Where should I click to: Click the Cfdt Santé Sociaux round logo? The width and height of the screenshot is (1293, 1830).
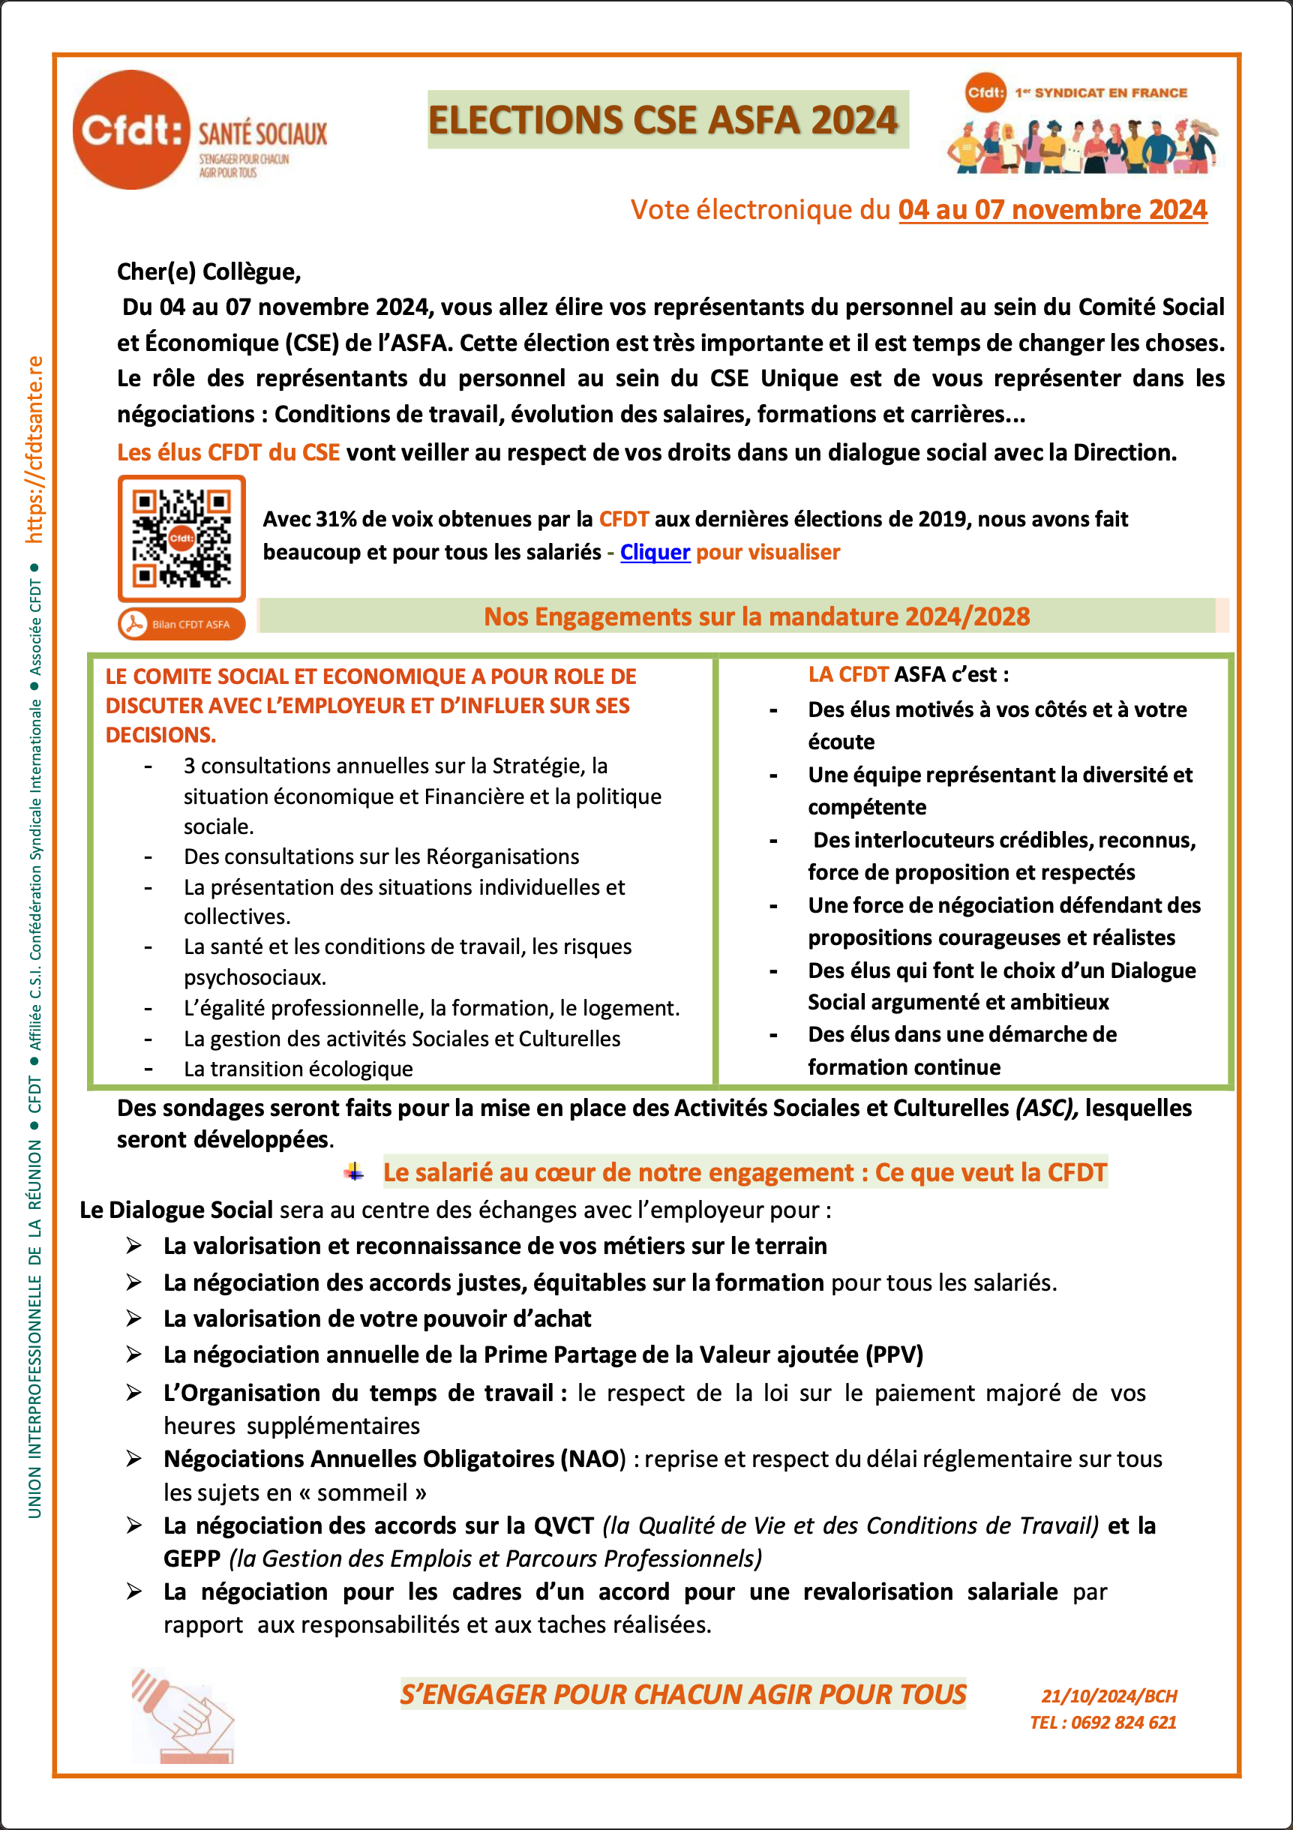click(131, 130)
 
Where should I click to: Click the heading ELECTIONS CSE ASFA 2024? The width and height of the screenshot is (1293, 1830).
click(663, 120)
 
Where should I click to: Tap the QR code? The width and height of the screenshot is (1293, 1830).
click(181, 538)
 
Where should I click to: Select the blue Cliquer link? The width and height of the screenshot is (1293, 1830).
click(655, 552)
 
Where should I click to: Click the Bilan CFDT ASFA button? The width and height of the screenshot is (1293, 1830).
click(181, 624)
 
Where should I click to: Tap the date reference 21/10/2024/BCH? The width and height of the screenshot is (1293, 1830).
click(1108, 1695)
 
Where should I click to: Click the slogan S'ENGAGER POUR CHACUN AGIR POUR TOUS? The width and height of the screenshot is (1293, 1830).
click(682, 1693)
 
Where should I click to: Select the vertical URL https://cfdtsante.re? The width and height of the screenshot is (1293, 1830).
click(34, 449)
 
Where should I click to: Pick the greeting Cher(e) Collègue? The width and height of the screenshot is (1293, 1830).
click(208, 271)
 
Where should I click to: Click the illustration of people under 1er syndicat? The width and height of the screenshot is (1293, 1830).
click(1082, 145)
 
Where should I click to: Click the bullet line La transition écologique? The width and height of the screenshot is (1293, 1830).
click(298, 1069)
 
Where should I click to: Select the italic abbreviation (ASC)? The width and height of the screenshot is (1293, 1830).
click(1047, 1108)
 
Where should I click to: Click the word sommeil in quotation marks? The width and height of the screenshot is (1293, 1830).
click(362, 1492)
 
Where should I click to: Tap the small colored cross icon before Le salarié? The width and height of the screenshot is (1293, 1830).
click(354, 1171)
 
